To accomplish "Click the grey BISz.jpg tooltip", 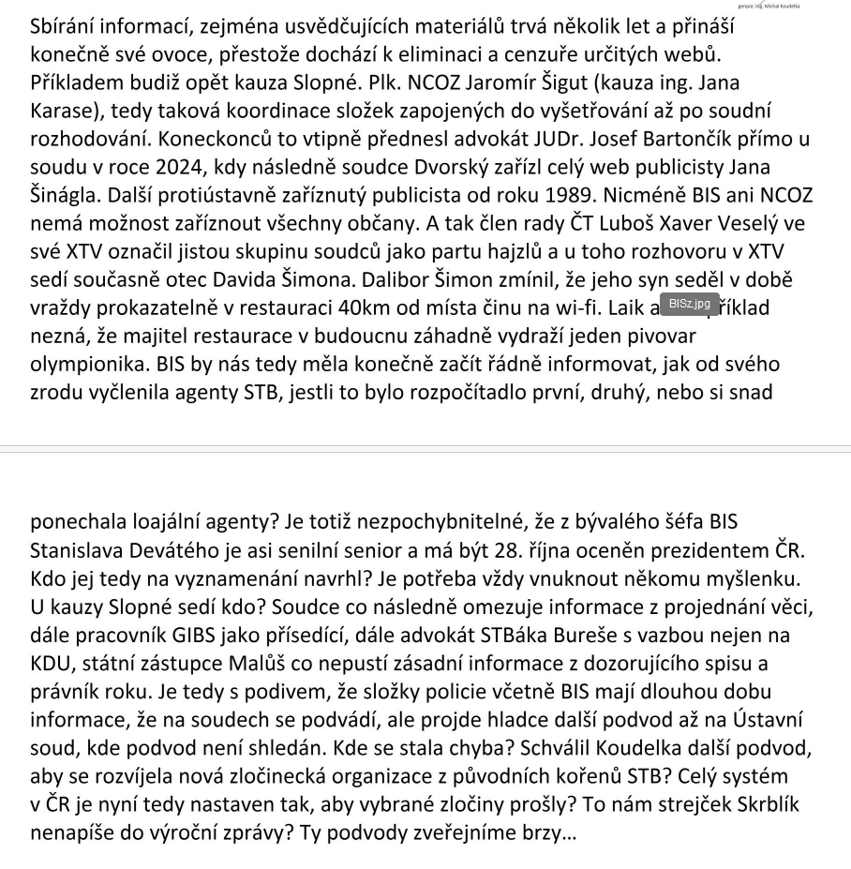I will (x=690, y=304).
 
